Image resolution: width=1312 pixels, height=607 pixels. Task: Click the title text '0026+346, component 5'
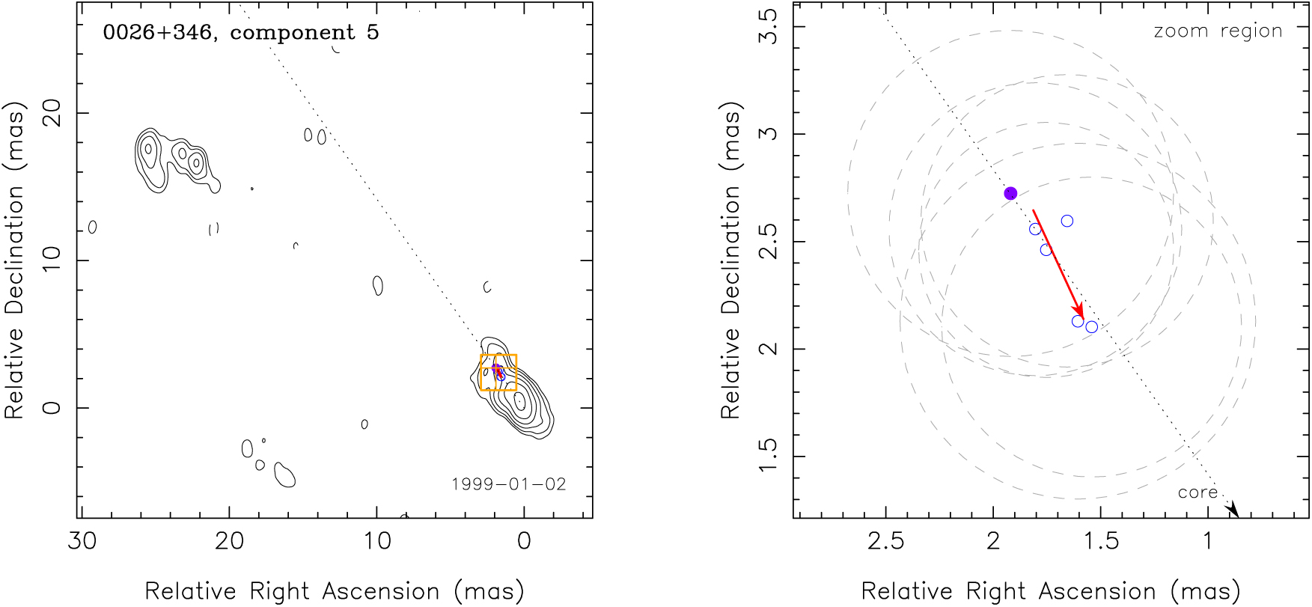[240, 33]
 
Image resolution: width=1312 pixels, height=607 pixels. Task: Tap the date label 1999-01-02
[509, 484]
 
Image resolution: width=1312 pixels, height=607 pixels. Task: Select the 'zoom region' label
[1218, 31]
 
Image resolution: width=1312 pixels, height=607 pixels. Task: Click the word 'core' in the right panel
[1197, 492]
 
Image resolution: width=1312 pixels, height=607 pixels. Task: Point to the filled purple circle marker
[1010, 193]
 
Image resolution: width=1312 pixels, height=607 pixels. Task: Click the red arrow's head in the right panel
[1078, 311]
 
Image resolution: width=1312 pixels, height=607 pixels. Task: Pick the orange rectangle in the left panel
[498, 372]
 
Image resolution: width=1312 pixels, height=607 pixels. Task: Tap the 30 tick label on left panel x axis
[82, 541]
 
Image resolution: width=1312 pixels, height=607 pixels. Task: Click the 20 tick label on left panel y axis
[52, 113]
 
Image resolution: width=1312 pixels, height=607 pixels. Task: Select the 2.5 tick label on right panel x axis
[886, 541]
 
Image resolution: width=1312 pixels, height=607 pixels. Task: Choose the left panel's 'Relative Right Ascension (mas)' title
[334, 591]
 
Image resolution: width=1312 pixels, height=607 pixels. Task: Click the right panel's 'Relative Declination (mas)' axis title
[730, 260]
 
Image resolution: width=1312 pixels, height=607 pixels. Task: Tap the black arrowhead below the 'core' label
[1232, 510]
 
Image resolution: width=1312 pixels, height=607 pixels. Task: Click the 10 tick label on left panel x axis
[377, 541]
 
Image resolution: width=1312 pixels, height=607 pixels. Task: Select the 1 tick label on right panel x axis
[1208, 541]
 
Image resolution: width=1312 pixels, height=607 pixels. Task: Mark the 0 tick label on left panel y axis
[52, 408]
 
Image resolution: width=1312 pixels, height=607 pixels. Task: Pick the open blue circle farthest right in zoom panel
[1092, 327]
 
